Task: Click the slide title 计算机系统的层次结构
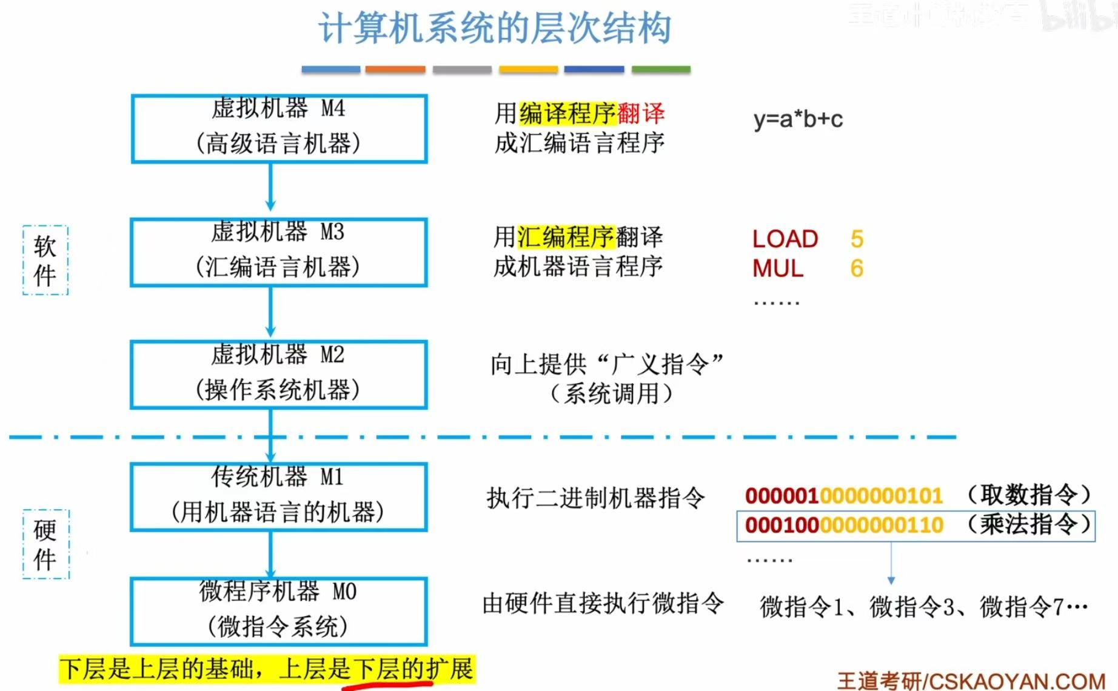coord(494,28)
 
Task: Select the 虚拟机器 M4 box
coord(279,128)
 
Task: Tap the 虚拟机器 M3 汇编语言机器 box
coord(279,252)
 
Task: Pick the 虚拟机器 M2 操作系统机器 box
coord(279,374)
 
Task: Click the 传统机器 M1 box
coord(279,497)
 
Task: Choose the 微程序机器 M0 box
coord(279,611)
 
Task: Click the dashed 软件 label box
coord(45,261)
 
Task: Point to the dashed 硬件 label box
coord(46,544)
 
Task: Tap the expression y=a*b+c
coord(798,119)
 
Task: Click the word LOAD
coord(785,239)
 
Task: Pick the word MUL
coord(778,269)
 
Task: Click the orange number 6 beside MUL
coord(857,269)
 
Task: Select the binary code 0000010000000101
coord(843,496)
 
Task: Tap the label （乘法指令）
coord(1029,524)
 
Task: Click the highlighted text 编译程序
coord(567,113)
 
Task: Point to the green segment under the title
coord(661,70)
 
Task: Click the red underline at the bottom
coord(388,686)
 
